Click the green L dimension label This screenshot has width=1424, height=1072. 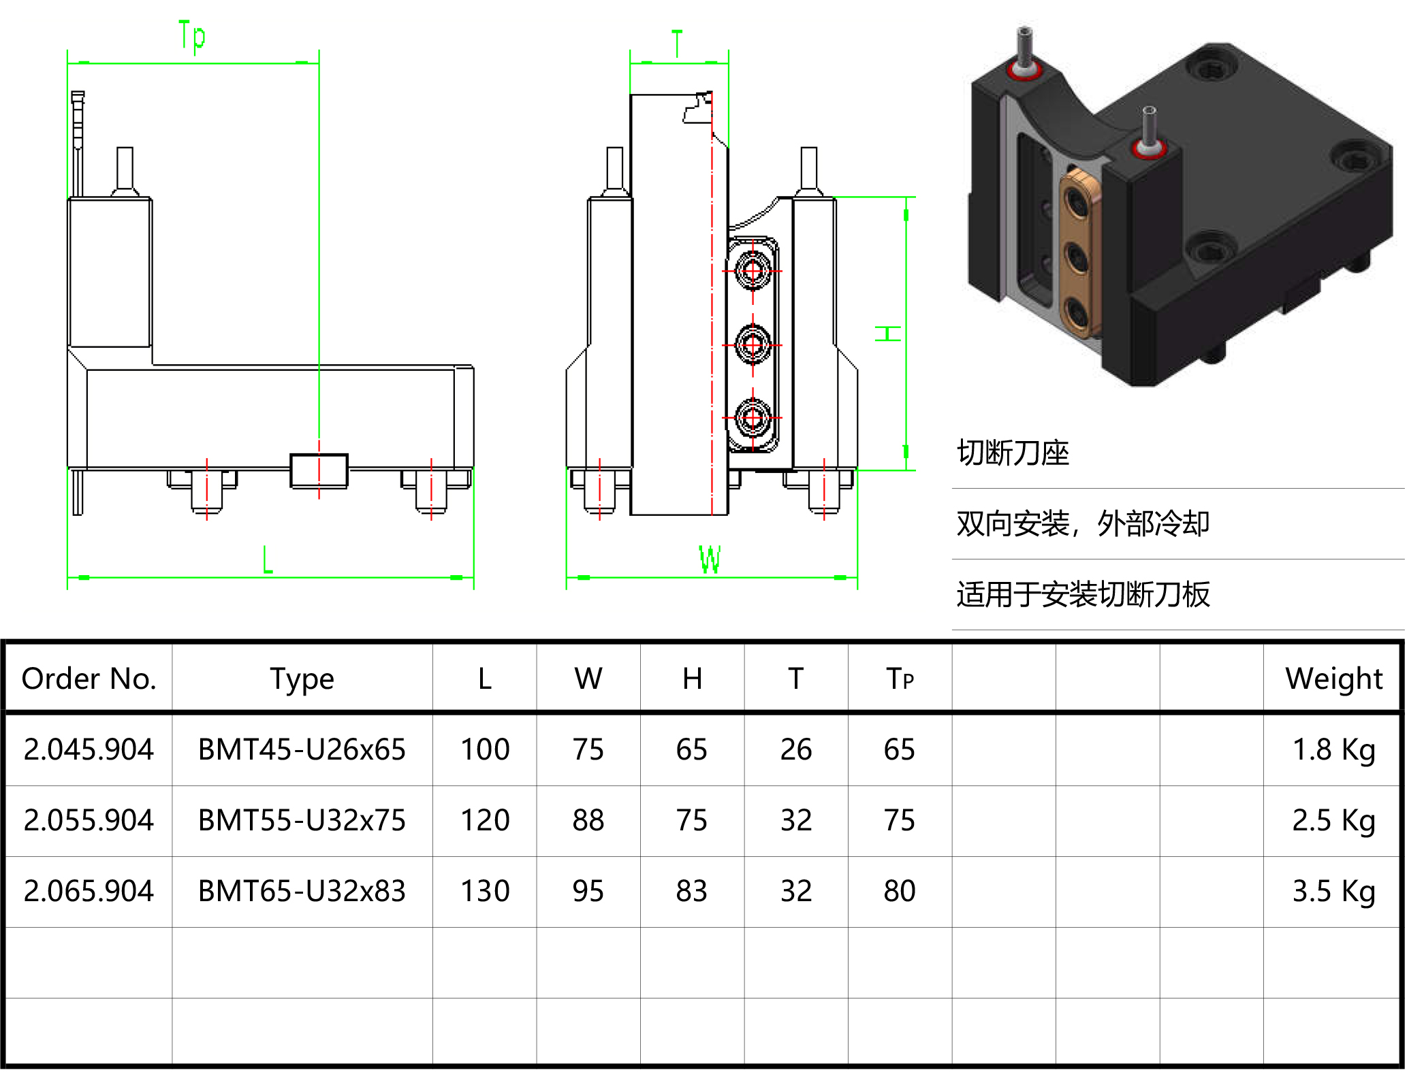268,559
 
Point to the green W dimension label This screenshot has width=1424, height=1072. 710,559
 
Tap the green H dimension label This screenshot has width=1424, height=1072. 888,334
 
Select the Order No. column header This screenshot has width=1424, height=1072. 89,679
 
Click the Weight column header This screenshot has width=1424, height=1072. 1333,679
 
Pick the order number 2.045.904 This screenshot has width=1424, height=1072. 89,749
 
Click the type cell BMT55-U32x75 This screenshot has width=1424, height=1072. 302,820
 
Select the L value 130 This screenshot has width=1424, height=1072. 485,891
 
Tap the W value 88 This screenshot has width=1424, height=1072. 588,820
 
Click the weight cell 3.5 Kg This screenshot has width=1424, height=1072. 1333,891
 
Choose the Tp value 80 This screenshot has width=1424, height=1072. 899,891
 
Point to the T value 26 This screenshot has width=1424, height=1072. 795,749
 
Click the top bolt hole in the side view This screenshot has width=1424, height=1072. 753,271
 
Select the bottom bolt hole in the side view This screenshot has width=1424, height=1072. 753,417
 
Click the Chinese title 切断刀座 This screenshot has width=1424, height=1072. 1013,453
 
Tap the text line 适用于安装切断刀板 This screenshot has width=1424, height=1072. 1083,594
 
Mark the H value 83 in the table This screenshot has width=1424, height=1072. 692,891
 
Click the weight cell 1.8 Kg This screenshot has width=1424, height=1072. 1333,749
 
